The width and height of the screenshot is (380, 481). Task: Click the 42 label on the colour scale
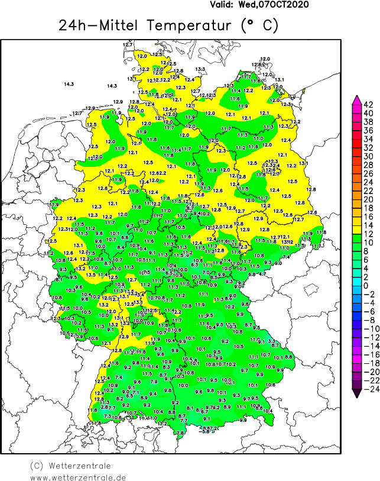tap(368, 104)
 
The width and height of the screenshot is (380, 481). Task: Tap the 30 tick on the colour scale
tap(368, 156)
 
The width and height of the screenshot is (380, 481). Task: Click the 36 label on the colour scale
tap(368, 130)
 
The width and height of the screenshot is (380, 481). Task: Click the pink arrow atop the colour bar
tap(356, 99)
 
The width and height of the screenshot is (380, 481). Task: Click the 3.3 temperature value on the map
tap(271, 341)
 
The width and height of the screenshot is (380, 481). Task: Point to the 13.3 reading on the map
tap(200, 70)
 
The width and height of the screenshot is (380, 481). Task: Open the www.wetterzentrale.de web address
tap(78, 477)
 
